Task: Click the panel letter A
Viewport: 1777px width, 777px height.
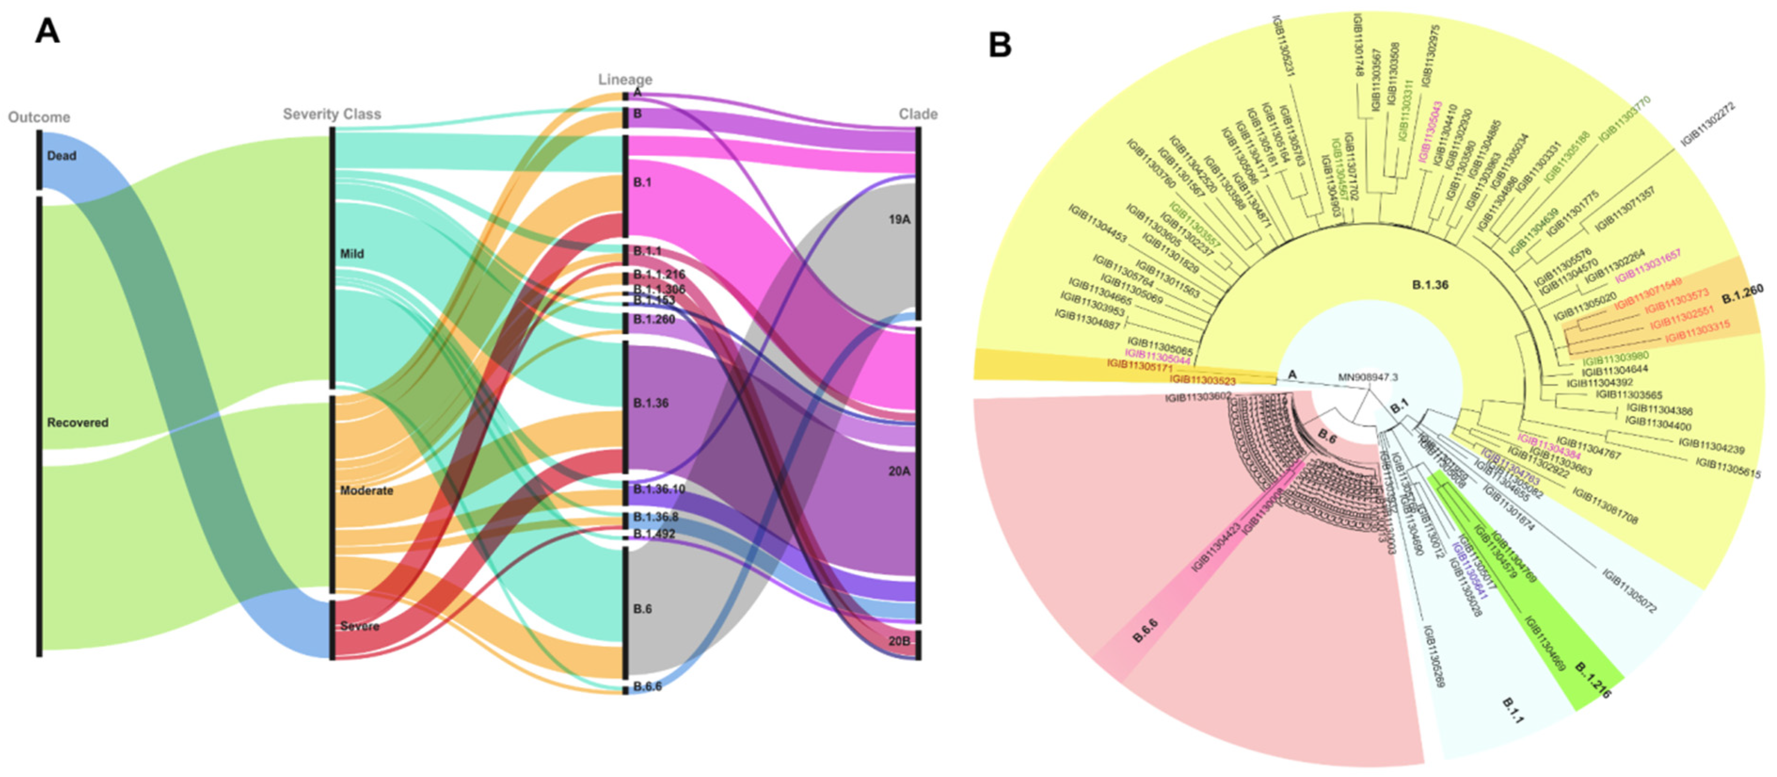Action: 47,31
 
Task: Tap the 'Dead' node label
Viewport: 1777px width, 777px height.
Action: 62,156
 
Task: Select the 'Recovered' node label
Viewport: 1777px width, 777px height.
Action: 77,422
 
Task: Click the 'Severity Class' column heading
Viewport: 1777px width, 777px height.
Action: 332,114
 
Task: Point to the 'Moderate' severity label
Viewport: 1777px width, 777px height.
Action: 366,491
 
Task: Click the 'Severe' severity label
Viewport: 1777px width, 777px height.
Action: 359,626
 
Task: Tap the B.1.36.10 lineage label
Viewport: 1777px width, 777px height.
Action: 659,489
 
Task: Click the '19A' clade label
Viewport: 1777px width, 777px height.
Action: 899,220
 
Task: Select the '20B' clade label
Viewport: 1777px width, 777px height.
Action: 899,641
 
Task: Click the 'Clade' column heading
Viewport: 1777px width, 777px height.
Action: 918,114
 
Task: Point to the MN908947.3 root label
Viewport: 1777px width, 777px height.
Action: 1367,378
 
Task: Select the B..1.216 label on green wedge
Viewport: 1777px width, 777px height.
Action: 1594,682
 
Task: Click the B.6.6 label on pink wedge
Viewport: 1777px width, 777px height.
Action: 1145,631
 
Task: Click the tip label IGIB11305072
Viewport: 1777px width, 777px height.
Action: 1629,591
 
